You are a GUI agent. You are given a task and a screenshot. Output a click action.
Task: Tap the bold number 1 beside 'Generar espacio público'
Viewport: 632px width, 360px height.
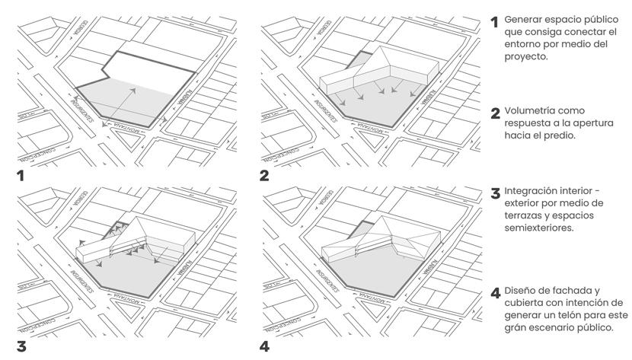click(494, 21)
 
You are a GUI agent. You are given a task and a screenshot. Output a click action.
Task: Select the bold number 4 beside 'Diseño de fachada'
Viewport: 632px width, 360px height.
click(495, 292)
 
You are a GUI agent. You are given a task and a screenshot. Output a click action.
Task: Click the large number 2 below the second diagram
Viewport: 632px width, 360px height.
click(264, 177)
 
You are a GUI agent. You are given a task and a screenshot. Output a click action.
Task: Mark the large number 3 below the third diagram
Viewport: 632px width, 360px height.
click(22, 348)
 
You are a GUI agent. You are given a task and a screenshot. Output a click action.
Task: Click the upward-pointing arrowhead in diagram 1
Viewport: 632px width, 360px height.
click(133, 89)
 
